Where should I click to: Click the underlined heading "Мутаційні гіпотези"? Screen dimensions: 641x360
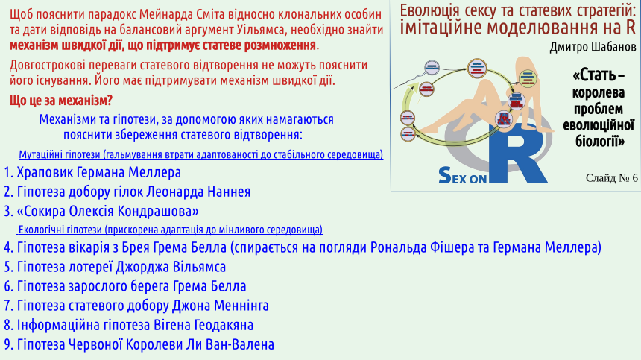[x=60, y=154]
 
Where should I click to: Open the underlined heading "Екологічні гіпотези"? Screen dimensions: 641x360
[x=60, y=230]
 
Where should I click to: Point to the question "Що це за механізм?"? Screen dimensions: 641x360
[x=61, y=101]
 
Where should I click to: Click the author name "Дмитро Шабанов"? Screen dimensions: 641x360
[x=593, y=48]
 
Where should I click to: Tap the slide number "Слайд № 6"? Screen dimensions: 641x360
[x=612, y=177]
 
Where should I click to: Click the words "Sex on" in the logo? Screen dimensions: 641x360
[x=462, y=176]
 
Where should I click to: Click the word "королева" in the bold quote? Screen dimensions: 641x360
[x=598, y=92]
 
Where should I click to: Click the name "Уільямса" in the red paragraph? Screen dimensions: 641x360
[x=260, y=29]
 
